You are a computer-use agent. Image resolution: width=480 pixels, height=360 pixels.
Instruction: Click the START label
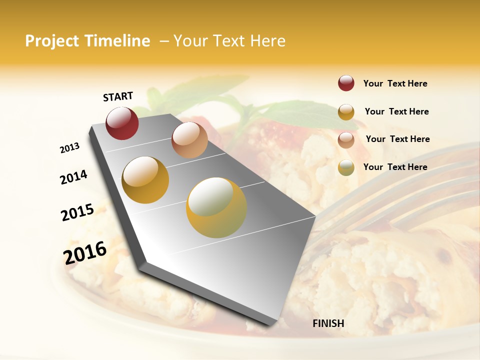(118, 96)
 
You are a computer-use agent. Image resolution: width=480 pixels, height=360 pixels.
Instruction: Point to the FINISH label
(328, 323)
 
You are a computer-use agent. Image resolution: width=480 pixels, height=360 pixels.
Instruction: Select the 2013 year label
(69, 148)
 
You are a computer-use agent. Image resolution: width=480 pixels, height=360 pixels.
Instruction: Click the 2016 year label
(84, 253)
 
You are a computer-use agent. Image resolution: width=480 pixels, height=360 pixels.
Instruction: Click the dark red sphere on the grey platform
(122, 123)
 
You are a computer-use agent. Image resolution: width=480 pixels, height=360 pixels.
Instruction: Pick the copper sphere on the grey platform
(189, 139)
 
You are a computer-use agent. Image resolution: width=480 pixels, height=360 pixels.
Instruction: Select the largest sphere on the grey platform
(216, 207)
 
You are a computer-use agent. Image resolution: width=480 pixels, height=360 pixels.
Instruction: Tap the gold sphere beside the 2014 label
(145, 180)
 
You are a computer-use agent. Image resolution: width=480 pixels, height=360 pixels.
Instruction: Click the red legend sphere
(346, 83)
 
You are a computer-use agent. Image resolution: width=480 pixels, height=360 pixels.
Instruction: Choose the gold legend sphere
(346, 111)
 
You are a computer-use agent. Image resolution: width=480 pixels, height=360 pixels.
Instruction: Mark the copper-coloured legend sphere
(346, 139)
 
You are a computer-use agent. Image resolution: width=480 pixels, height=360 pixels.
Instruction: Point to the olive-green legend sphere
(346, 167)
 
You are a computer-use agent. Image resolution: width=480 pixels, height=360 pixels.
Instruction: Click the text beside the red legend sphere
(395, 83)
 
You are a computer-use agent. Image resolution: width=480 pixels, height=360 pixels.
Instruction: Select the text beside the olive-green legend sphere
(395, 167)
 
